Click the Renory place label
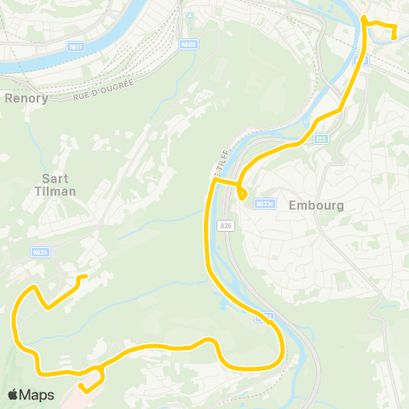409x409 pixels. (x=26, y=98)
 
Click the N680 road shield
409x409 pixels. (x=187, y=45)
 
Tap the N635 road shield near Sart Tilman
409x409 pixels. (x=39, y=252)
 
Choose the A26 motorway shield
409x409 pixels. (x=224, y=226)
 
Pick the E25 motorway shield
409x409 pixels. (x=320, y=138)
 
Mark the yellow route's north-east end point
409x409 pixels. (x=394, y=36)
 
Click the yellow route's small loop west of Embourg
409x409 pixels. (x=242, y=195)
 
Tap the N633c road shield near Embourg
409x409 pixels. (x=265, y=204)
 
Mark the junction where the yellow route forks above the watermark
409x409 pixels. (x=101, y=368)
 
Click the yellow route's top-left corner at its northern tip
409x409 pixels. (x=364, y=17)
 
